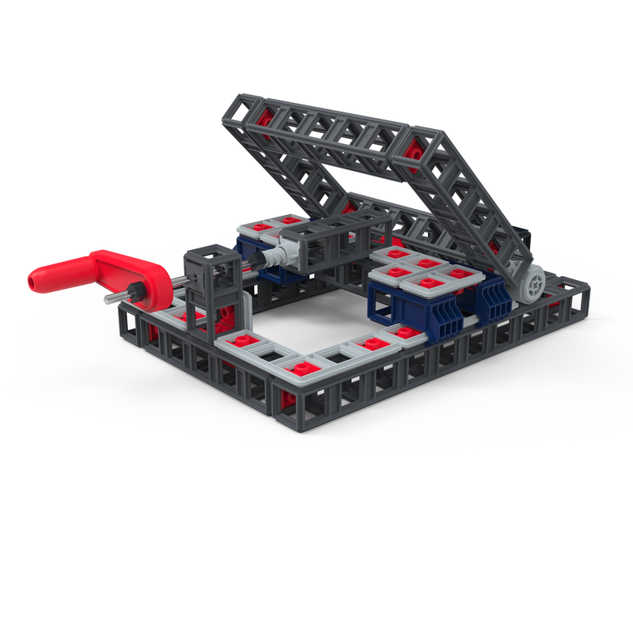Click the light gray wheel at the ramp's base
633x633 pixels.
pyautogui.click(x=534, y=284)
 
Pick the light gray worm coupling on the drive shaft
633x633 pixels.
pyautogui.click(x=279, y=256)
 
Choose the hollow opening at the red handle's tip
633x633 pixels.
pyautogui.click(x=33, y=280)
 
